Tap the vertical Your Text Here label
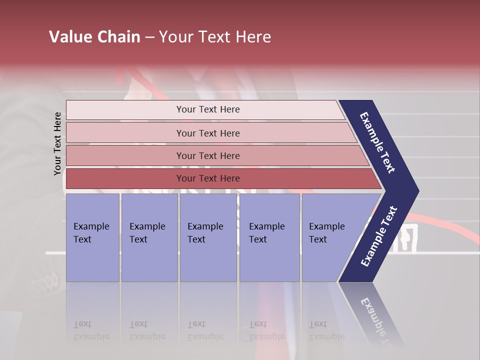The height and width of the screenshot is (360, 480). pyautogui.click(x=57, y=143)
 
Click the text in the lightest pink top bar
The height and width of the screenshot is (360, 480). pyautogui.click(x=208, y=109)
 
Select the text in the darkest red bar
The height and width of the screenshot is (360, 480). pyautogui.click(x=208, y=178)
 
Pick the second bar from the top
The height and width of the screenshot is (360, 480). pyautogui.click(x=208, y=133)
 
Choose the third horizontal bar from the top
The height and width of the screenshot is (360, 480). pyautogui.click(x=208, y=156)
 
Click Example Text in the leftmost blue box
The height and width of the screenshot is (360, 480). pyautogui.click(x=91, y=233)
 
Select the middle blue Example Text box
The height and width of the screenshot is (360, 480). pyautogui.click(x=207, y=237)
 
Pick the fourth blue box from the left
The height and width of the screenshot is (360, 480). pyautogui.click(x=269, y=237)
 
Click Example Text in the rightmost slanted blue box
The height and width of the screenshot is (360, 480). pyautogui.click(x=327, y=233)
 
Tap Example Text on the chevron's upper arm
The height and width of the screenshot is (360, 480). pyautogui.click(x=378, y=142)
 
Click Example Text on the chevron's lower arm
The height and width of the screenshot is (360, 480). pyautogui.click(x=379, y=236)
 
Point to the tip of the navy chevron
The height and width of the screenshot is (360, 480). pyautogui.click(x=417, y=191)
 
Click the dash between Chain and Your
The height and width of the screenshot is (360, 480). pyautogui.click(x=149, y=37)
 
